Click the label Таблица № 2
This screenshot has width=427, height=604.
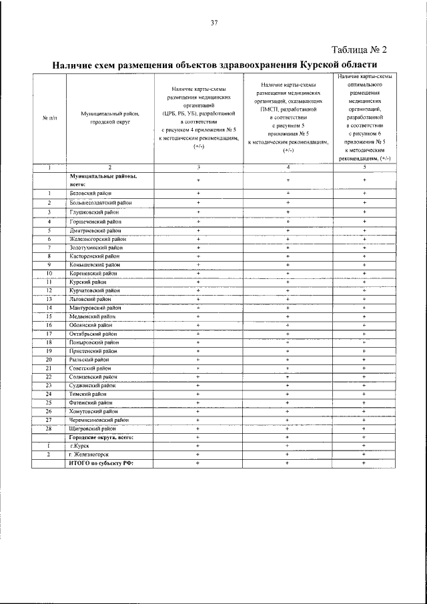click(358, 50)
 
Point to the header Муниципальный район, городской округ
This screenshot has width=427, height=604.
click(109, 118)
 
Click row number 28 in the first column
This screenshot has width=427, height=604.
click(49, 428)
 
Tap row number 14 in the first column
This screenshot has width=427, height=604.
click(49, 308)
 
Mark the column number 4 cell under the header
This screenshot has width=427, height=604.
click(288, 167)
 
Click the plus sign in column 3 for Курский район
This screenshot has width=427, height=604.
click(198, 282)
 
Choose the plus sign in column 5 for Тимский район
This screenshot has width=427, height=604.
click(364, 394)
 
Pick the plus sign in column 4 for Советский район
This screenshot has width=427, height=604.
click(288, 368)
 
